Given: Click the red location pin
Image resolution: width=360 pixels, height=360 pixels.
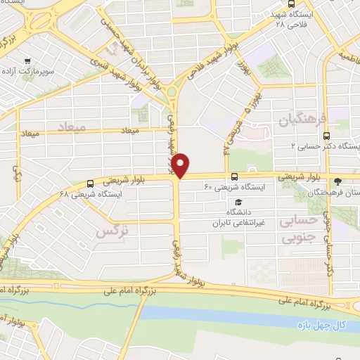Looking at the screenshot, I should pos(181,165).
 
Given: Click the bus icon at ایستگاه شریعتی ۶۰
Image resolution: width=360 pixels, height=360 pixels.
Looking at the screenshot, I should pos(234,176).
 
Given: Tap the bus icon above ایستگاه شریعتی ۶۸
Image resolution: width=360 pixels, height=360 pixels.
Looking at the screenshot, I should pos(89,183).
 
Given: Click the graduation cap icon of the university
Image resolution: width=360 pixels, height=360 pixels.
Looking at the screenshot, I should pos(238,202).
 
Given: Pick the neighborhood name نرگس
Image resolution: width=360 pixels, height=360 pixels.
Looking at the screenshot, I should pos(112,230).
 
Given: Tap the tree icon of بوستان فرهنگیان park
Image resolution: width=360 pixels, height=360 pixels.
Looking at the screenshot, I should pos(339,180).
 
